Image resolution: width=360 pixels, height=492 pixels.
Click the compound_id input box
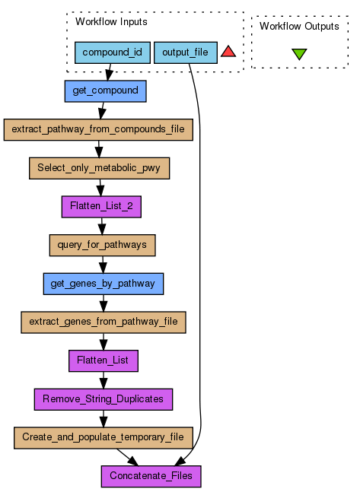[x=113, y=52]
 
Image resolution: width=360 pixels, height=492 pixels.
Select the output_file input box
[x=186, y=52]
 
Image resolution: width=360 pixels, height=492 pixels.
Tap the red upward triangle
[x=228, y=52]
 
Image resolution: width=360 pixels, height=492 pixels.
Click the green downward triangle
[x=299, y=54]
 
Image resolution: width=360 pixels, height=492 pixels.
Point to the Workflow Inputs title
[x=111, y=21]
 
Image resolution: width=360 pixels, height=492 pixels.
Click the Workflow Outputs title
[x=299, y=26]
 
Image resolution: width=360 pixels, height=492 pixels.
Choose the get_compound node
[x=106, y=91]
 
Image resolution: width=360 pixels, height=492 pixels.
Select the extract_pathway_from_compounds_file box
[x=98, y=129]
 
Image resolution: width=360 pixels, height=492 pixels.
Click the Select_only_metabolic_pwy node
[x=99, y=168]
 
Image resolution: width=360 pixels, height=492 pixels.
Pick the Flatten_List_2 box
[x=101, y=207]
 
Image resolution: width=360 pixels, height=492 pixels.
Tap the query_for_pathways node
[x=103, y=245]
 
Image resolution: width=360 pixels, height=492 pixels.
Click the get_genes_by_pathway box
[x=104, y=284]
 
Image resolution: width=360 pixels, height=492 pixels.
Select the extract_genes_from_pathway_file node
[x=104, y=322]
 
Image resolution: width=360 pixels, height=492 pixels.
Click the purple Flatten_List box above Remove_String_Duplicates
[x=104, y=361]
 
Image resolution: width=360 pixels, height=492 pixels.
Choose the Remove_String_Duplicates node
[x=104, y=399]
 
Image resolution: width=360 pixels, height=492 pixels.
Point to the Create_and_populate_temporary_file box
[x=104, y=438]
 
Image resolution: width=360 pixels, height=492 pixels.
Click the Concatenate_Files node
[x=151, y=476]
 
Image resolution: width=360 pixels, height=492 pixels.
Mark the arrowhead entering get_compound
[x=108, y=75]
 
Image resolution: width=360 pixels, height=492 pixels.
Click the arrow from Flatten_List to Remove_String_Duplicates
[x=104, y=380]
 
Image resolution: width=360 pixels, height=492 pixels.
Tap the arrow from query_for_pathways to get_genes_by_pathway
[x=103, y=265]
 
